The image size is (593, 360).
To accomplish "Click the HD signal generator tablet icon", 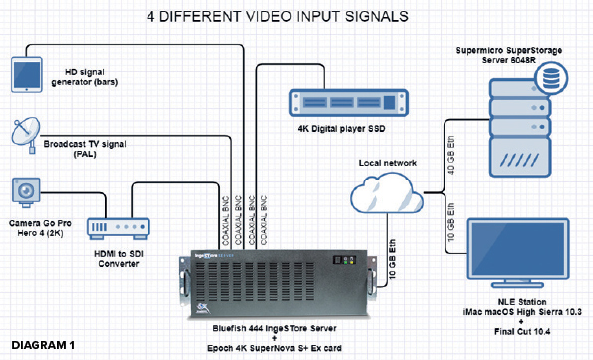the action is tap(27, 74).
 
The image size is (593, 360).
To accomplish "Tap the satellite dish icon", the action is tap(26, 136).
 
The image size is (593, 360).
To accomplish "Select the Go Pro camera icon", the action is tap(26, 192).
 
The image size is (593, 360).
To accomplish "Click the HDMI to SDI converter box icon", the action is tap(119, 228).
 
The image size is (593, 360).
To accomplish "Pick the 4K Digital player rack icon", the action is tap(348, 102).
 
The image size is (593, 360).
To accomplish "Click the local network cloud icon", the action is tap(387, 193).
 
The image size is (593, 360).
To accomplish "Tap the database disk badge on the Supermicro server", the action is tap(551, 78).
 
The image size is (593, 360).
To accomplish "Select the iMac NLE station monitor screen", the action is tap(518, 248).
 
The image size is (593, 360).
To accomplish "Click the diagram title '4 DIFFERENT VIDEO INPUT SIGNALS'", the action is tap(278, 16).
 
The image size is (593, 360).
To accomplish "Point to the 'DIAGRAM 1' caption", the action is tap(43, 345).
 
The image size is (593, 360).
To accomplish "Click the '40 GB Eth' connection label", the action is tap(451, 155).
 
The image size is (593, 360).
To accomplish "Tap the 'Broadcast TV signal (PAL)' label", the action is tap(85, 149).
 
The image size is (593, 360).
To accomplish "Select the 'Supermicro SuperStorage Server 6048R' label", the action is tap(508, 55).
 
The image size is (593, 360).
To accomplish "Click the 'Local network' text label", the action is tap(388, 163).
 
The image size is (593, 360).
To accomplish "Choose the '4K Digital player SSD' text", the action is tap(341, 129).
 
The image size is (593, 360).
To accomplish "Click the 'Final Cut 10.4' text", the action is tap(522, 332).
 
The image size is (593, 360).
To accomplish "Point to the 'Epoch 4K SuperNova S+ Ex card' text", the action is tap(274, 348).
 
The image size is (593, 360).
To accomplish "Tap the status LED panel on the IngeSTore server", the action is tap(344, 260).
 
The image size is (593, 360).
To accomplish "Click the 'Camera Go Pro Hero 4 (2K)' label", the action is tap(40, 228).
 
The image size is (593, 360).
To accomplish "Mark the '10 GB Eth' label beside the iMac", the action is tap(451, 222).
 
